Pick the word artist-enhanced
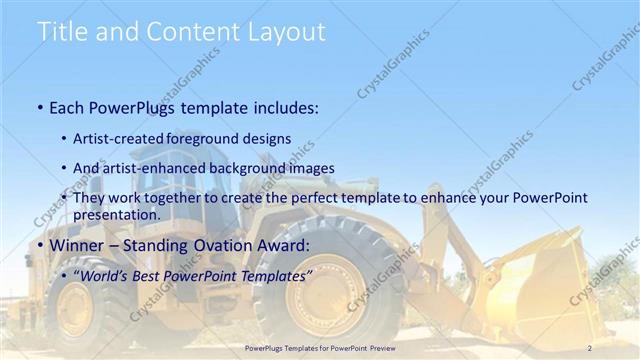point(151,168)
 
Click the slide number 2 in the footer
point(590,347)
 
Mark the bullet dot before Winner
point(39,246)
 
